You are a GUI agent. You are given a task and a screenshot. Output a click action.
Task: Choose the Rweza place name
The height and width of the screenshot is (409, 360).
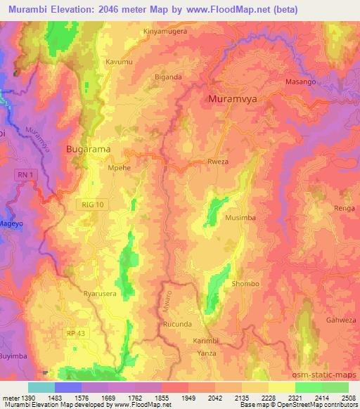point(218,162)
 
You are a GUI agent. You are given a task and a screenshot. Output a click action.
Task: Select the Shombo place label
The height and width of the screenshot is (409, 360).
point(245,284)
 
